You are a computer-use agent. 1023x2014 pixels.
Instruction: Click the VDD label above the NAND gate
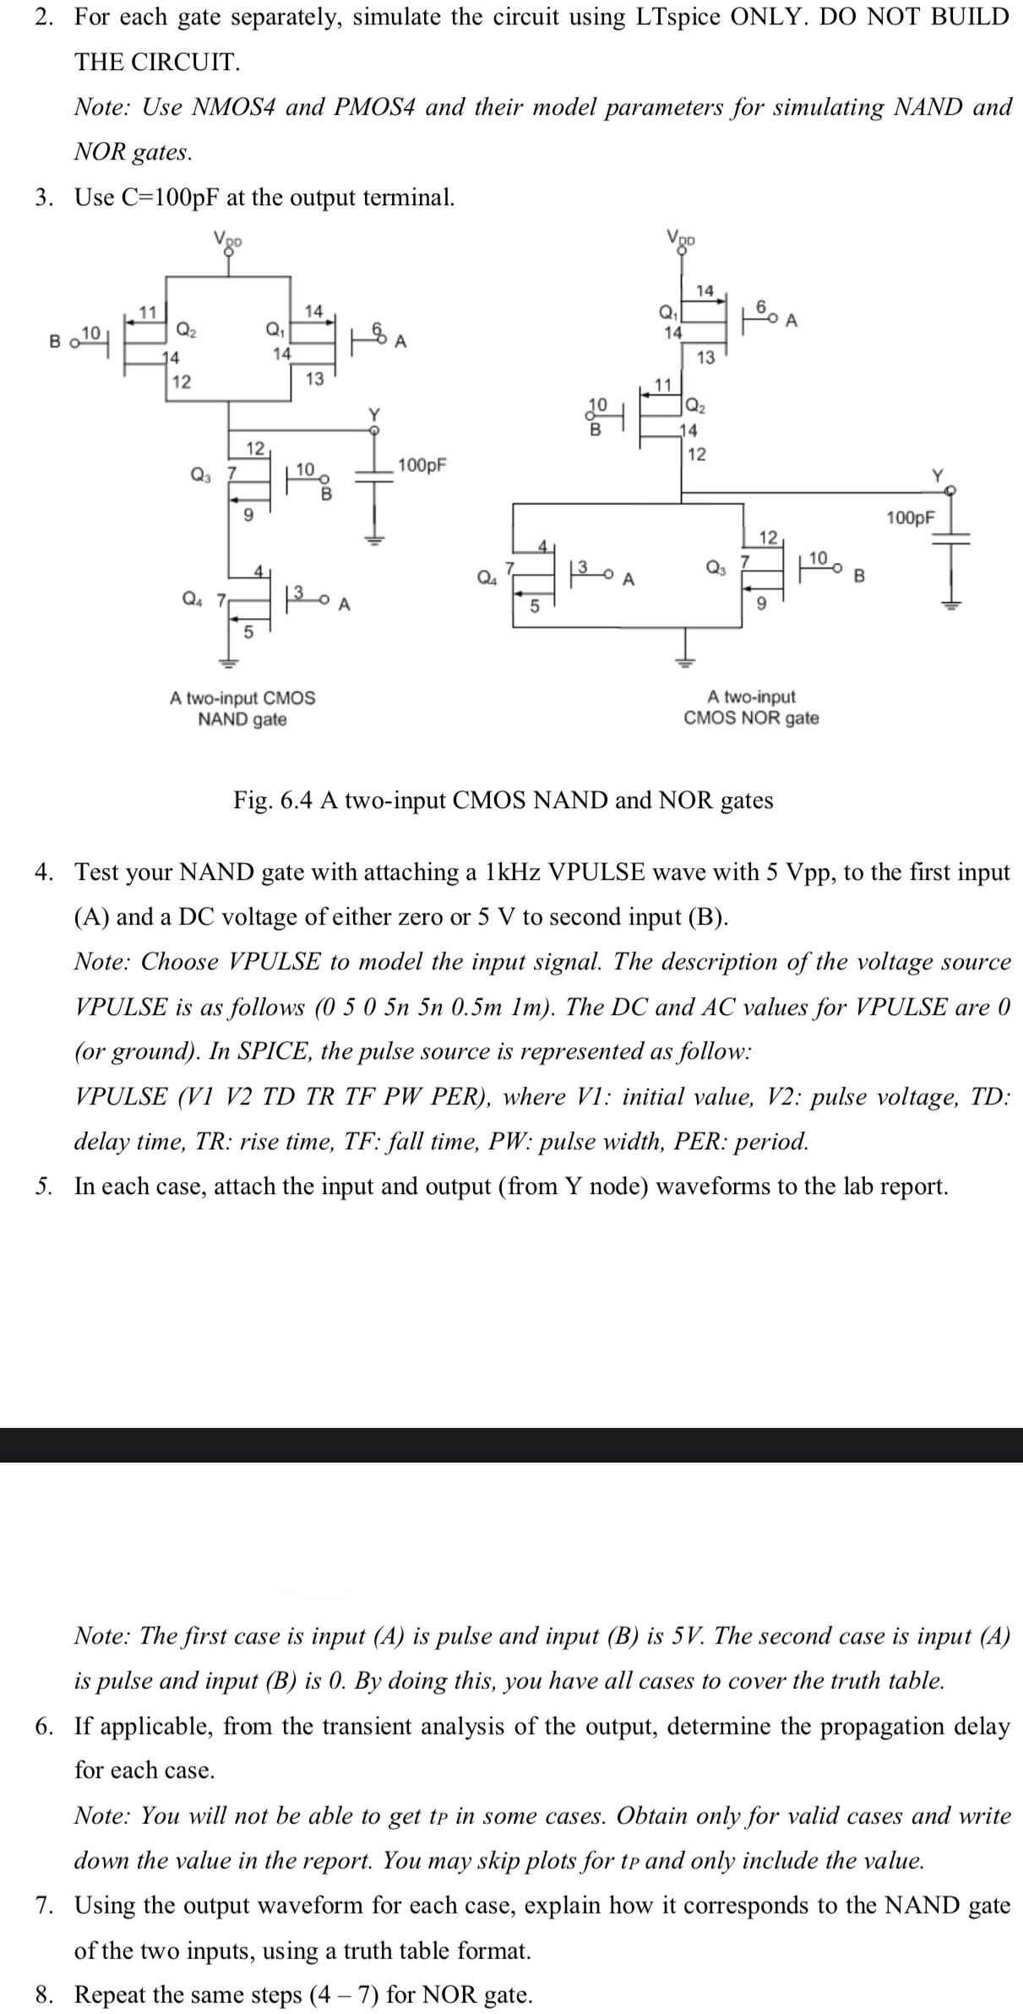[227, 239]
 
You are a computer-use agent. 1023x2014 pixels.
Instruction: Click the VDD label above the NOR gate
[681, 237]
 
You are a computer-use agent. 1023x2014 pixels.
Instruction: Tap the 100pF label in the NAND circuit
[422, 465]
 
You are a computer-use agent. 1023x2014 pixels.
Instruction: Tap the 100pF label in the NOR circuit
[911, 518]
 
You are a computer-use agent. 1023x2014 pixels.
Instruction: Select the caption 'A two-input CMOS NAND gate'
[242, 708]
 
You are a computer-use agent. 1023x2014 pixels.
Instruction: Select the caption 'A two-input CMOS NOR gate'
[751, 708]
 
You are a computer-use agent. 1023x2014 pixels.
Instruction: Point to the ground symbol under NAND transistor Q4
[226, 663]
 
